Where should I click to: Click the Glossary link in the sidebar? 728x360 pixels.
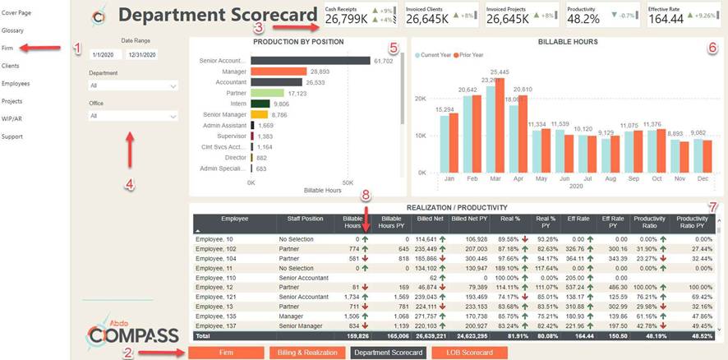click(12, 30)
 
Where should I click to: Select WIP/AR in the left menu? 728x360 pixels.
click(13, 119)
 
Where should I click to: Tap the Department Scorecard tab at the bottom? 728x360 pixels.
click(388, 353)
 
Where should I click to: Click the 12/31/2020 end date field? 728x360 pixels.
click(141, 55)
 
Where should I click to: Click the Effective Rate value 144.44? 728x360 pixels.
click(666, 19)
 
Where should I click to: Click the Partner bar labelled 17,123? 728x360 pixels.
click(272, 93)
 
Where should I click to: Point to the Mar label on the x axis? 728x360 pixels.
click(495, 178)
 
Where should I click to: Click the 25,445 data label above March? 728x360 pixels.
click(498, 72)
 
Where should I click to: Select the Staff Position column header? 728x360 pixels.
click(305, 219)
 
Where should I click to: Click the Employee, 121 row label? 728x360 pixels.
click(217, 296)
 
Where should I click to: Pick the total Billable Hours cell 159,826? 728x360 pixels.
click(357, 336)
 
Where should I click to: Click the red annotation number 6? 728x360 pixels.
click(712, 48)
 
